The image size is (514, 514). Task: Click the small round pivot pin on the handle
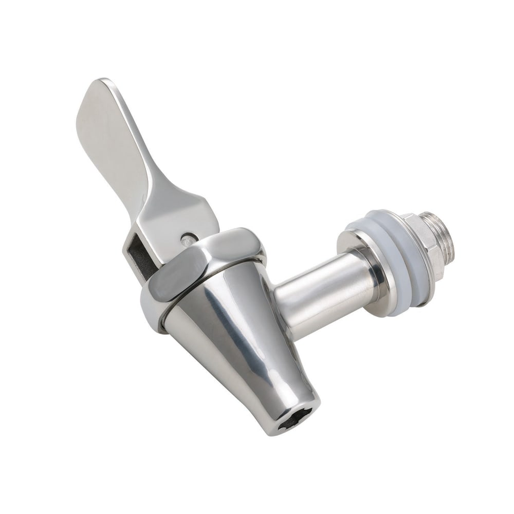click(189, 237)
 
